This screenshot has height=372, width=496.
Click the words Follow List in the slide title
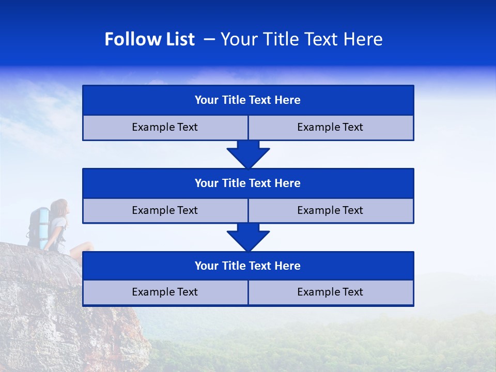149,39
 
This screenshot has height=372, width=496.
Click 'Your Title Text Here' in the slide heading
301,39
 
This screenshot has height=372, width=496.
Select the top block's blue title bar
248,100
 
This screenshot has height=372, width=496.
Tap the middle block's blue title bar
248,183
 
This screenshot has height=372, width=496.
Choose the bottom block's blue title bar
248,266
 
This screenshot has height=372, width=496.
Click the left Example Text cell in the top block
165,127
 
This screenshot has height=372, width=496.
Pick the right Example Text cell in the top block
330,127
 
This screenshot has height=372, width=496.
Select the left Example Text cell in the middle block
165,210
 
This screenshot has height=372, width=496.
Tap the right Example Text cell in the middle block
330,210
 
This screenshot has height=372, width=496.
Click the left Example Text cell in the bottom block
165,292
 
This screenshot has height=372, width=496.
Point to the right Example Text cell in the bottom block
330,292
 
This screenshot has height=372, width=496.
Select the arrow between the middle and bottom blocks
248,237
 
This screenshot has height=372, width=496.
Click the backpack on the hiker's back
38,226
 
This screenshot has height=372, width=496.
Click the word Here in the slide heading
364,39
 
